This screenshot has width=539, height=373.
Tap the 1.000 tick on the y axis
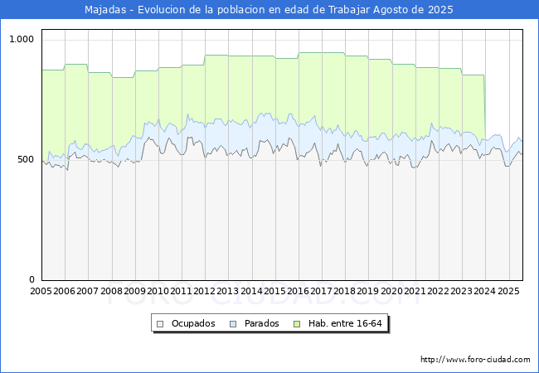pyautogui.click(x=22, y=39)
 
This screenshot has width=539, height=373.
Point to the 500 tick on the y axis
pyautogui.click(x=26, y=159)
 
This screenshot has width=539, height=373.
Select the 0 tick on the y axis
pyautogui.click(x=32, y=279)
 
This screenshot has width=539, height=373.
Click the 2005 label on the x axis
pyautogui.click(x=41, y=291)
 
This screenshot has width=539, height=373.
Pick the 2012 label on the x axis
pyautogui.click(x=204, y=291)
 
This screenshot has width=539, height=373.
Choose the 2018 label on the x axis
pyautogui.click(x=344, y=291)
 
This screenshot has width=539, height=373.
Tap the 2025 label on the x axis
pyautogui.click(x=508, y=291)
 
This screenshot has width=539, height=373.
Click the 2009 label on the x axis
pyautogui.click(x=134, y=291)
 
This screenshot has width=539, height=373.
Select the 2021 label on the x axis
pyautogui.click(x=415, y=291)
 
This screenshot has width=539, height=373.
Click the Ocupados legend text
pyautogui.click(x=193, y=323)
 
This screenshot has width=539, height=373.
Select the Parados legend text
pyautogui.click(x=261, y=323)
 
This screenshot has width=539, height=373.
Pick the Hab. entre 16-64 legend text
pyautogui.click(x=345, y=323)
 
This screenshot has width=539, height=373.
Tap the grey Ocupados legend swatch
pyautogui.click(x=160, y=324)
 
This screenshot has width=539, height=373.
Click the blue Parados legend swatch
pyautogui.click(x=233, y=324)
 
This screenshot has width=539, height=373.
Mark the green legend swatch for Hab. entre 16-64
pyautogui.click(x=297, y=324)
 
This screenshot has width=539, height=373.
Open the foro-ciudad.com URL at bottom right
pyautogui.click(x=475, y=360)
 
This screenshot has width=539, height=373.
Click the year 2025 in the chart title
pyautogui.click(x=440, y=10)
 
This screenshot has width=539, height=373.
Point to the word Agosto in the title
pyautogui.click(x=393, y=10)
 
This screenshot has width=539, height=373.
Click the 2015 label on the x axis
pyautogui.click(x=274, y=291)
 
